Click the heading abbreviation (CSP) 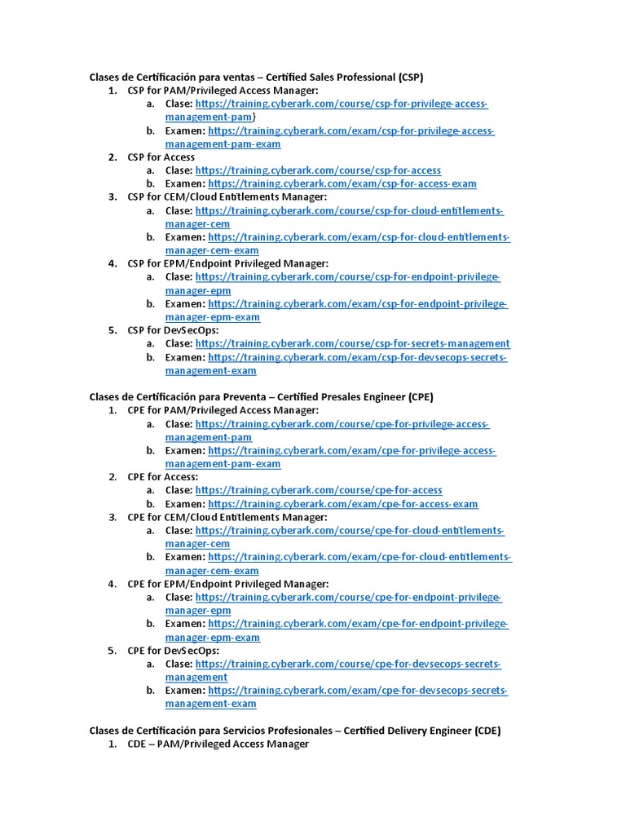coord(411,77)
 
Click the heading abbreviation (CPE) coord(421,397)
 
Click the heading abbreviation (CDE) coord(487,731)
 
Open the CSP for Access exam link coord(342,184)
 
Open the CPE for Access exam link coord(343,504)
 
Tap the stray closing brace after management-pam coord(254,117)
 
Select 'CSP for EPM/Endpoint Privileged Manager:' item coord(227,263)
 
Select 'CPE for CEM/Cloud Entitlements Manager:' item coord(227,517)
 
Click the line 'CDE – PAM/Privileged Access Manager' coord(218,744)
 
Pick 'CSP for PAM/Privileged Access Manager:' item coord(223,91)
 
